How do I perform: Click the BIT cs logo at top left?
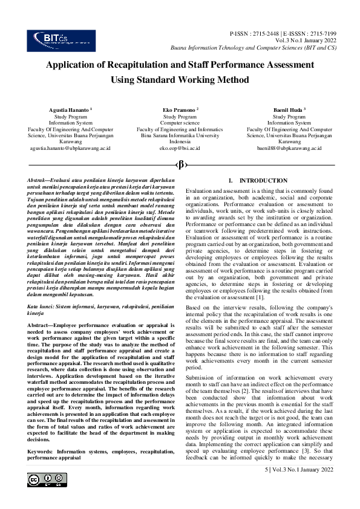(53, 40)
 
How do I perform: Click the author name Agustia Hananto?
(68, 110)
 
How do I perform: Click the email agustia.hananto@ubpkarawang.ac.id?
(70, 148)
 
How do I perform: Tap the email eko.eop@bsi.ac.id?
(180, 148)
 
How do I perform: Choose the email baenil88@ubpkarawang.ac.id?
(289, 148)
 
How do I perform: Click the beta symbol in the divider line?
(180, 164)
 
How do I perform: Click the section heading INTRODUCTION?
(263, 181)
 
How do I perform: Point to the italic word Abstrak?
(39, 181)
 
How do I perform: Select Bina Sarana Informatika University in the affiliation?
(180, 135)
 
